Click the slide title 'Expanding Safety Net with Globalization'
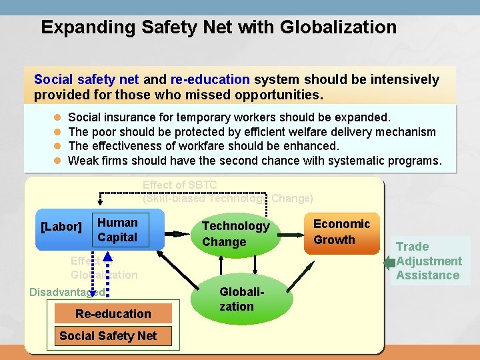tap(219, 27)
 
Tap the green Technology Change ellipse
tap(235, 234)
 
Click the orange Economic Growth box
tap(341, 232)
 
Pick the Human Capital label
tap(117, 230)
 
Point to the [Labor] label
tap(61, 227)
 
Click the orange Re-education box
tap(113, 313)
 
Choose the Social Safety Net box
tap(108, 336)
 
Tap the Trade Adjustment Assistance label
tap(428, 261)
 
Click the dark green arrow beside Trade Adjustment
tap(389, 263)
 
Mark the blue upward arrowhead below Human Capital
tap(110, 258)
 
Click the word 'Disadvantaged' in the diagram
tap(67, 292)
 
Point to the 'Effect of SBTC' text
tap(180, 185)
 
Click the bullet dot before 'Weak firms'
tap(57, 161)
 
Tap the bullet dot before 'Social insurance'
tap(57, 117)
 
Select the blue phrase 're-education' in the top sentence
tap(210, 80)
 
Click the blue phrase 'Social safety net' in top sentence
tap(86, 80)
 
